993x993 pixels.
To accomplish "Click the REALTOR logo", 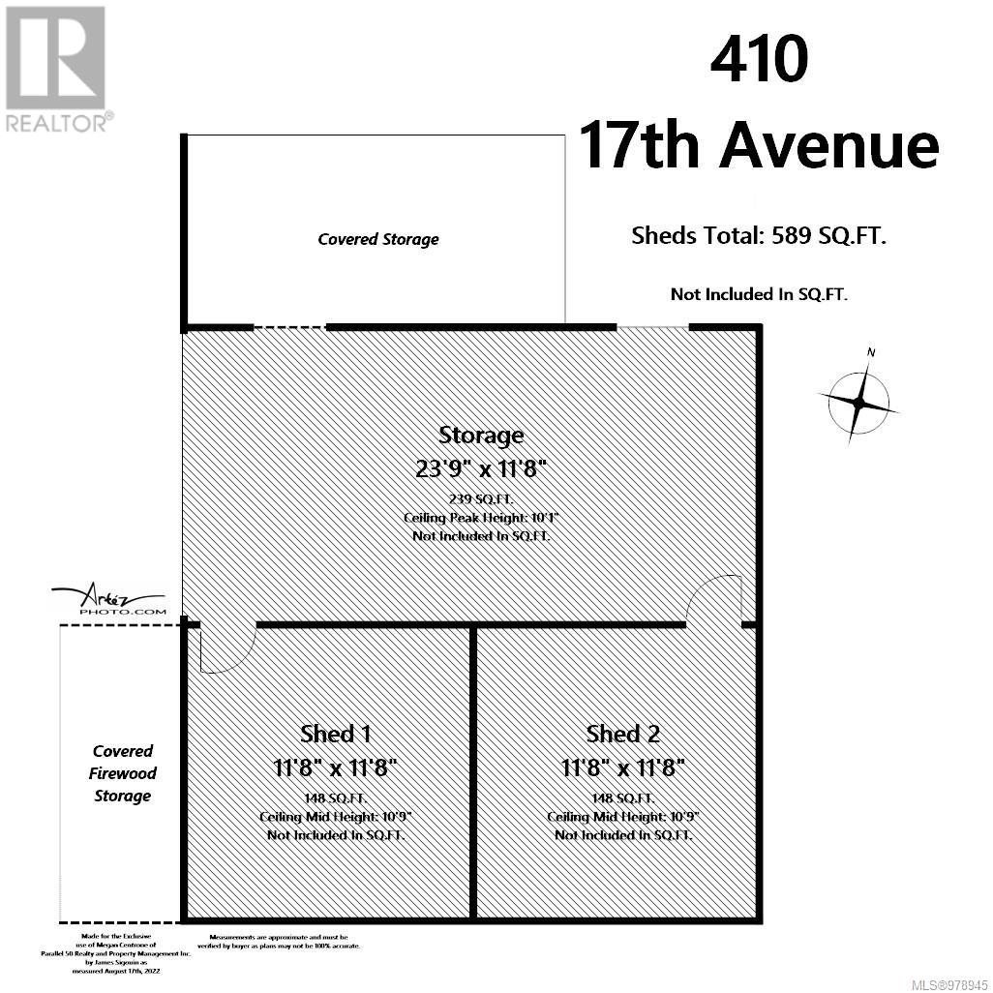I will click(x=56, y=68).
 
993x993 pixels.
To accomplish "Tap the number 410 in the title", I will click(x=759, y=60).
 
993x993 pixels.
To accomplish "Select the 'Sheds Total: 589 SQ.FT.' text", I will click(x=758, y=235).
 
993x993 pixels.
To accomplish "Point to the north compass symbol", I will click(x=859, y=399).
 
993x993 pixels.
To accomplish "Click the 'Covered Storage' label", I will click(x=377, y=239).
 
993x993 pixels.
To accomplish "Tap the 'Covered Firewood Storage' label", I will click(x=123, y=773).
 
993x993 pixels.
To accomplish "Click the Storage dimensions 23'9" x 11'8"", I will click(x=481, y=468).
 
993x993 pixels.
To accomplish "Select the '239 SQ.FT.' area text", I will click(x=481, y=499).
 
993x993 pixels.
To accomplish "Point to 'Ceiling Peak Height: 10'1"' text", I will click(x=481, y=518).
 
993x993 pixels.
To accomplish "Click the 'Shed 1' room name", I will click(x=335, y=734).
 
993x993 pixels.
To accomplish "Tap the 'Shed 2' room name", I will click(x=623, y=734).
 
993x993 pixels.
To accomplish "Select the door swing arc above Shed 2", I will click(x=713, y=597).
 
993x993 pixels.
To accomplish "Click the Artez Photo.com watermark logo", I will click(x=109, y=600).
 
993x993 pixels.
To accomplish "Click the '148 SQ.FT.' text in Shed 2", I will click(x=623, y=798).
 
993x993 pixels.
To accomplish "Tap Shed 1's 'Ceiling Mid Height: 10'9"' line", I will click(x=335, y=817).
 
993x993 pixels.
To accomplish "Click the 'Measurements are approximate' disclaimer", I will click(x=285, y=942).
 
